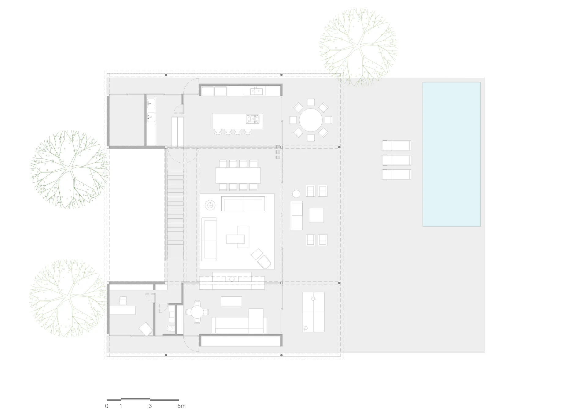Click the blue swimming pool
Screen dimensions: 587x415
pyautogui.click(x=451, y=154)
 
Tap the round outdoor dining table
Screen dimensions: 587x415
pyautogui.click(x=311, y=120)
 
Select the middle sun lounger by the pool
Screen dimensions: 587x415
pyautogui.click(x=396, y=160)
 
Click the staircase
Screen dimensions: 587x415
pyautogui.click(x=175, y=215)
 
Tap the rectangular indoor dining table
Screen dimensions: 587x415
pyautogui.click(x=238, y=175)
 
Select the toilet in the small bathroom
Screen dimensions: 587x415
pyautogui.click(x=170, y=329)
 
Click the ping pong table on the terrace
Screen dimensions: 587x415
pyautogui.click(x=313, y=312)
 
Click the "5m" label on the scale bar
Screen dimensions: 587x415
pyautogui.click(x=181, y=406)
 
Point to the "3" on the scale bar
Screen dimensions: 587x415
pyautogui.click(x=150, y=406)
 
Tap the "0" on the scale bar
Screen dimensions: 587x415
pyautogui.click(x=107, y=406)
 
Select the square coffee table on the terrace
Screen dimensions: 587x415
pyautogui.click(x=316, y=215)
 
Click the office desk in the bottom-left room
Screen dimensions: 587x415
pyautogui.click(x=123, y=310)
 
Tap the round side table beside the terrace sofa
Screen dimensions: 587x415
pyautogui.click(x=296, y=194)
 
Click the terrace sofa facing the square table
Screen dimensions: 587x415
pyautogui.click(x=296, y=215)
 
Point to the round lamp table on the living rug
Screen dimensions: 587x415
pyautogui.click(x=210, y=205)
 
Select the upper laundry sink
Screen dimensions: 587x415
pyautogui.click(x=151, y=104)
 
